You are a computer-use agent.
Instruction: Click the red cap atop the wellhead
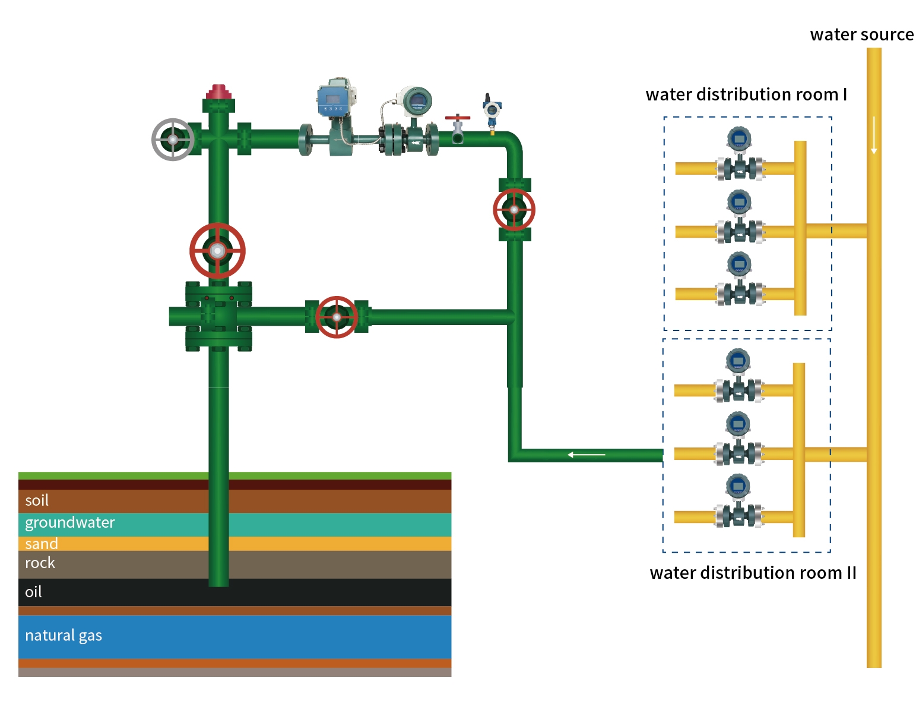click(x=218, y=92)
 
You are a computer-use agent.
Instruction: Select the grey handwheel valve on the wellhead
click(x=173, y=140)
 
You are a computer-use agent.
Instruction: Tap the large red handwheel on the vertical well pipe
click(x=217, y=251)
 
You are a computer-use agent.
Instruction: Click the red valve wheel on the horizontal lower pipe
click(x=337, y=317)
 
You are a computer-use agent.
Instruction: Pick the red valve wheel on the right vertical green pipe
click(x=514, y=210)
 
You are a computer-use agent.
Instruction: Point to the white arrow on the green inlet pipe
click(x=586, y=455)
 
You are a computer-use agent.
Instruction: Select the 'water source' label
click(x=861, y=34)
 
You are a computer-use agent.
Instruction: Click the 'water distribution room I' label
click(x=746, y=94)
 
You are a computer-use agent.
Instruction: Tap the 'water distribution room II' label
click(x=753, y=573)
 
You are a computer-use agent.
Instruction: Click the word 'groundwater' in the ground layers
click(x=70, y=522)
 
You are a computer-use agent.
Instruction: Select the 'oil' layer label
click(x=33, y=592)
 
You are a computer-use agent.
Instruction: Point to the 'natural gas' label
click(x=64, y=635)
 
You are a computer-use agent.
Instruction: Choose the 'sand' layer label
click(x=42, y=544)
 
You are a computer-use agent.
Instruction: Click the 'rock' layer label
click(x=40, y=563)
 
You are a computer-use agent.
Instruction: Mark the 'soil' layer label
click(x=37, y=500)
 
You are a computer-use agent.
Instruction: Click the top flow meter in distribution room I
click(x=740, y=155)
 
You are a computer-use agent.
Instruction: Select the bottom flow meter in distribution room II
click(x=738, y=503)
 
